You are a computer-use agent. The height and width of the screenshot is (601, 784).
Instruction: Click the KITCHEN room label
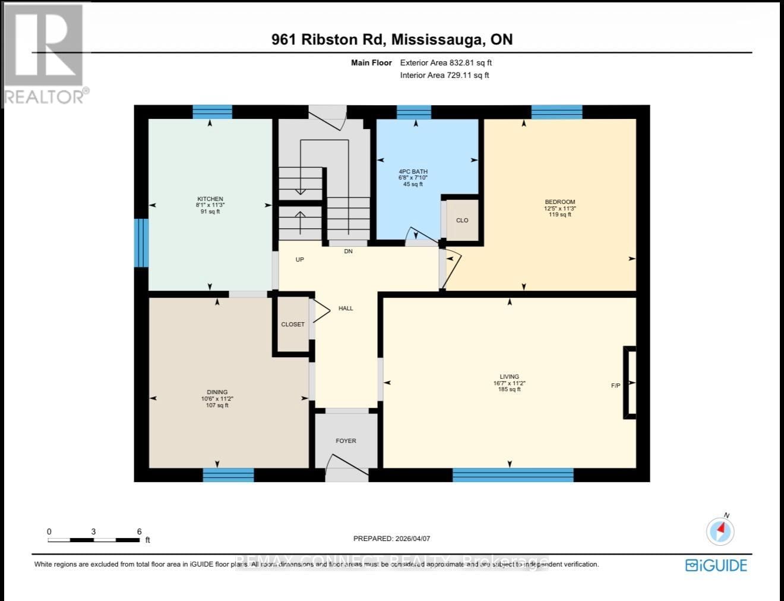click(x=210, y=199)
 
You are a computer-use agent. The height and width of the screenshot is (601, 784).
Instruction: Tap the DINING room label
click(x=217, y=392)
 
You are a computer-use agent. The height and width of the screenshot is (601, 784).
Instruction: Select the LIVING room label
click(x=509, y=377)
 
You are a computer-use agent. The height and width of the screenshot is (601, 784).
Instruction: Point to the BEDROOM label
click(x=559, y=202)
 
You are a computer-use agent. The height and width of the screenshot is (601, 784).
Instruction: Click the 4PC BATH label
click(x=413, y=172)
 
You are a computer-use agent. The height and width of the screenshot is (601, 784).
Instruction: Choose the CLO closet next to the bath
click(x=462, y=221)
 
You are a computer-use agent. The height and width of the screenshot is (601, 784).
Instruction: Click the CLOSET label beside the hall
click(x=293, y=325)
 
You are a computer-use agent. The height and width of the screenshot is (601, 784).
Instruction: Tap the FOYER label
click(x=346, y=441)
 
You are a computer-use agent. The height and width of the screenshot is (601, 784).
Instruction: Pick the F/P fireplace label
click(x=615, y=386)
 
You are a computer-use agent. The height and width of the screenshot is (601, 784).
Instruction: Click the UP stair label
click(x=300, y=260)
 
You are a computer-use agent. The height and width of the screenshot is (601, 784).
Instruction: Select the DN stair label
click(x=348, y=251)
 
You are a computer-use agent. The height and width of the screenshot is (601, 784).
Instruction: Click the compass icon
click(x=720, y=530)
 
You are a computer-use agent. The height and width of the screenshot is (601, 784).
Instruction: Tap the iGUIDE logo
click(x=716, y=565)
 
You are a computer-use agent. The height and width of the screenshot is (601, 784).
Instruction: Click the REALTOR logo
click(x=45, y=54)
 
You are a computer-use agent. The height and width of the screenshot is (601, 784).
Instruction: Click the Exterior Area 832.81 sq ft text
click(x=445, y=62)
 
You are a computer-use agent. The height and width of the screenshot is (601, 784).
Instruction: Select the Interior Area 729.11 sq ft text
click(x=444, y=75)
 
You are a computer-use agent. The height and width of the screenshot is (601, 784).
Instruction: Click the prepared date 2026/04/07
click(x=391, y=539)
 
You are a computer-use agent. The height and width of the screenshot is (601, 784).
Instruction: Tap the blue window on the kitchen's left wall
click(x=141, y=243)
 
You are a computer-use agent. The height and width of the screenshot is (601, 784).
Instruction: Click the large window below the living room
click(x=513, y=474)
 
